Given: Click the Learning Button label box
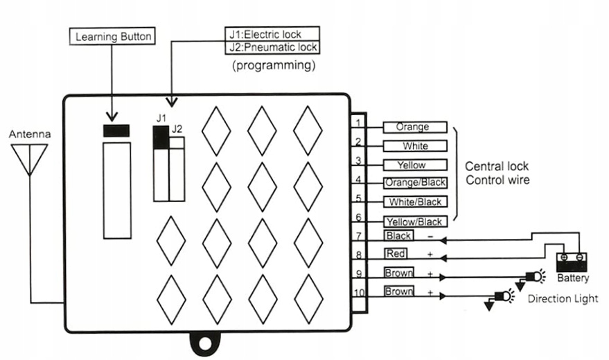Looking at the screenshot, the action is (112, 36).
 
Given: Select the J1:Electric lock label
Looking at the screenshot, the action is (272, 34).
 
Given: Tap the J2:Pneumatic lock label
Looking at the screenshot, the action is (272, 47).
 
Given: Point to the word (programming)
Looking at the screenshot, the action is (274, 65).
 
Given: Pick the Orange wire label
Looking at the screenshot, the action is (415, 127).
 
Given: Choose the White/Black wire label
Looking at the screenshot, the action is (415, 201).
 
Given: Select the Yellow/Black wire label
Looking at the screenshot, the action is (415, 222).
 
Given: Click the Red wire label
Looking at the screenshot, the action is (396, 253).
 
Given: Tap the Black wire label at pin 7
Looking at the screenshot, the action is (398, 235).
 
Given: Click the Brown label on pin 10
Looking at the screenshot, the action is (398, 291).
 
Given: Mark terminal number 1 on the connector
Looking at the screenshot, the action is (358, 123).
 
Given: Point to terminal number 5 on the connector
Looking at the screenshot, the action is (358, 198).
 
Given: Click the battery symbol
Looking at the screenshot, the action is (572, 262).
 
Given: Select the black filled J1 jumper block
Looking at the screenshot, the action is (161, 137).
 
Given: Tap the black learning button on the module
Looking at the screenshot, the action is (116, 131).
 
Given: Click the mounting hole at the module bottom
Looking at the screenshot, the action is (204, 343).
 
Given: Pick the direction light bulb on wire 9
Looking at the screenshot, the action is (536, 277).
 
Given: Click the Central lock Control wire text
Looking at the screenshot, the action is (497, 173).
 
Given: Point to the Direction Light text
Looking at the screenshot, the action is (563, 298).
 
